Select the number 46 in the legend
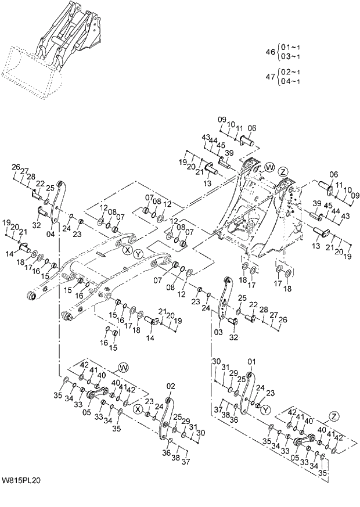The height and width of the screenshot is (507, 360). (x=270, y=52)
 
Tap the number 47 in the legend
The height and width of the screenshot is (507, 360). (x=270, y=76)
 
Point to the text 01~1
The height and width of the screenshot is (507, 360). (x=290, y=47)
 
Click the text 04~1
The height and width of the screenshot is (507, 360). (x=290, y=81)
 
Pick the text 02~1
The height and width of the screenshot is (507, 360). (x=290, y=71)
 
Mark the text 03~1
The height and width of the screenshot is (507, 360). (x=290, y=56)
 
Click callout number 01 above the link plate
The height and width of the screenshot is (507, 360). (x=251, y=362)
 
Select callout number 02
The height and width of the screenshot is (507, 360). (x=171, y=386)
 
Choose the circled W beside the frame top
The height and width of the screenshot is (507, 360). (x=269, y=167)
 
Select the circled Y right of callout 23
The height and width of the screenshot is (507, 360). (x=265, y=410)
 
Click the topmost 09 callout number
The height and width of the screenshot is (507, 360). (x=221, y=120)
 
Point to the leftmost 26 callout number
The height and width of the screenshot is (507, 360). (x=16, y=167)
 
